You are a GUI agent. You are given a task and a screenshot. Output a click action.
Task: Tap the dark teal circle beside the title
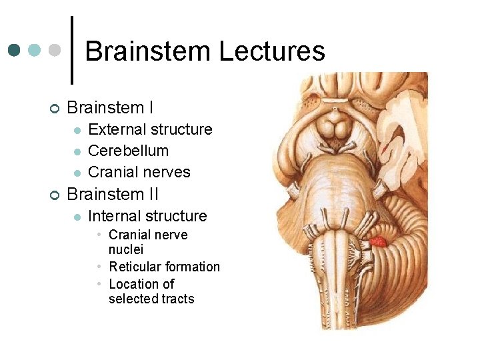[15, 50]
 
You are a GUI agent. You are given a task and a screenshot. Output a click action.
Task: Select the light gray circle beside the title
[55, 50]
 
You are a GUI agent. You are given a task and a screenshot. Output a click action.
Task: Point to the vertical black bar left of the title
[72, 50]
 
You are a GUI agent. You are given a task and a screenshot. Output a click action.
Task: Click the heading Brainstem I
[111, 107]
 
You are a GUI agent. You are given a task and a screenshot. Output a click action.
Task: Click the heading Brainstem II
[113, 194]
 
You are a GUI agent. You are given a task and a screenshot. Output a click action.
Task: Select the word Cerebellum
[128, 151]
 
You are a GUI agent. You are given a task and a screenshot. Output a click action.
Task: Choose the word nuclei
[126, 249]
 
